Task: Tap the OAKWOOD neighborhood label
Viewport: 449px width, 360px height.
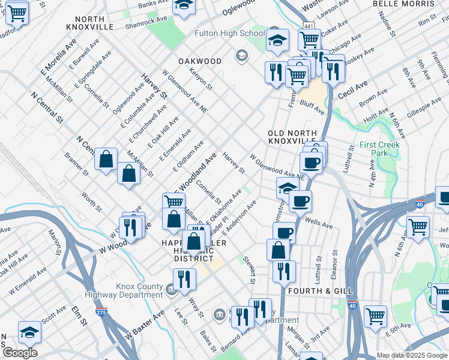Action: pyautogui.click(x=200, y=61)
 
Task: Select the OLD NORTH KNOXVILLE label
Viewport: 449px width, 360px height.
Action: pyautogui.click(x=291, y=136)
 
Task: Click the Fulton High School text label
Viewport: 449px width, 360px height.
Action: pyautogui.click(x=230, y=34)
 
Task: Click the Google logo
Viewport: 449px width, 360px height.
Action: pyautogui.click(x=20, y=353)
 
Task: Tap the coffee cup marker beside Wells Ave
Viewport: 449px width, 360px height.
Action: pyautogui.click(x=300, y=200)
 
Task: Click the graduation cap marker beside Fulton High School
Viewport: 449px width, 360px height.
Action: pyautogui.click(x=277, y=40)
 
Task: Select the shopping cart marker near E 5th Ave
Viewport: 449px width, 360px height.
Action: pyautogui.click(x=375, y=315)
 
